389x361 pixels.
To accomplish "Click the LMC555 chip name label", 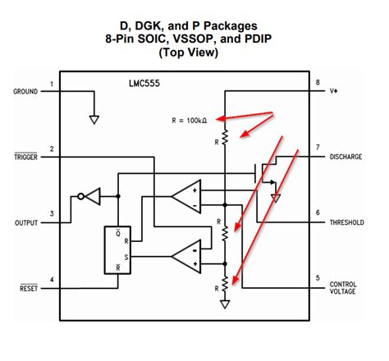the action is pyautogui.click(x=144, y=84).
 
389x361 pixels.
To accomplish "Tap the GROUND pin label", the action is pyautogui.click(x=25, y=91).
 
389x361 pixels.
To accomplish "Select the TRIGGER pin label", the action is pyautogui.click(x=25, y=157).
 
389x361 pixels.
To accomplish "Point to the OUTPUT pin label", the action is pyautogui.click(x=26, y=223).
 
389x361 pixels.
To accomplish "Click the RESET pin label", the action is pyautogui.click(x=29, y=288).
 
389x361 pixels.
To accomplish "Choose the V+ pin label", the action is pyautogui.click(x=333, y=91).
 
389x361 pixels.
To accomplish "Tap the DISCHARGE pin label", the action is pyautogui.click(x=346, y=157).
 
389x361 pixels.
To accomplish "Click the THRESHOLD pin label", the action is pyautogui.click(x=346, y=222).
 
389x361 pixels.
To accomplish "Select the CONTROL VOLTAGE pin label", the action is pyautogui.click(x=343, y=288).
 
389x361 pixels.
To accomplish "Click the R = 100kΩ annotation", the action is pyautogui.click(x=190, y=121).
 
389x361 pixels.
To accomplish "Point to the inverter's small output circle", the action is pyautogui.click(x=80, y=196).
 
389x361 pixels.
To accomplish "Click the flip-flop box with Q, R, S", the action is pyautogui.click(x=117, y=250).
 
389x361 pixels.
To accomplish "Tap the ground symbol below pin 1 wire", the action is pyautogui.click(x=94, y=120).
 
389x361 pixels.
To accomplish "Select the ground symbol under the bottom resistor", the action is pyautogui.click(x=225, y=304).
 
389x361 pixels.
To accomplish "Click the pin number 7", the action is pyautogui.click(x=318, y=148).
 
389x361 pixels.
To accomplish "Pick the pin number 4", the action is pyautogui.click(x=52, y=280).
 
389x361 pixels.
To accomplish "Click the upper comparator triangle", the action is pyautogui.click(x=186, y=196).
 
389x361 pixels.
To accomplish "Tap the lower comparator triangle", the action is pyautogui.click(x=186, y=256).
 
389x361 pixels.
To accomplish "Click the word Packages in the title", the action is pyautogui.click(x=231, y=26).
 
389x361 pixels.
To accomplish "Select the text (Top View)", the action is pyautogui.click(x=189, y=53).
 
